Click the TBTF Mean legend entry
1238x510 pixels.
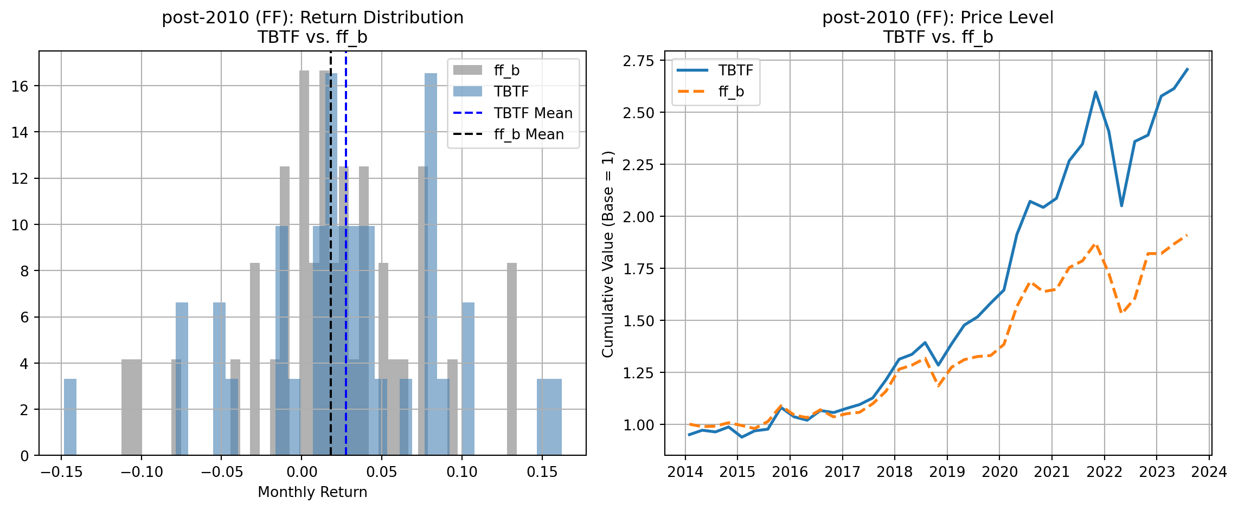(x=533, y=113)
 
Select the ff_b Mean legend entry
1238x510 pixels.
(x=528, y=134)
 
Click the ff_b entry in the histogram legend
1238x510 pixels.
(x=506, y=70)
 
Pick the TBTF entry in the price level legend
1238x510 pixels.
(x=735, y=70)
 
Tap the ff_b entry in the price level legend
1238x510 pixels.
(x=731, y=92)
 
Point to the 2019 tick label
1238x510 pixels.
(x=947, y=472)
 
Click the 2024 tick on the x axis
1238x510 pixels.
(x=1209, y=472)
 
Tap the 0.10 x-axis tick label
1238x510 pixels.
(x=462, y=472)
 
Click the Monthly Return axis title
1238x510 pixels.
(x=312, y=492)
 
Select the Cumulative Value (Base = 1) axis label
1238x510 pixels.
(x=608, y=254)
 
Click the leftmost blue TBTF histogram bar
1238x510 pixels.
(x=70, y=417)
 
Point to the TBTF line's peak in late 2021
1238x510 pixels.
(x=1095, y=92)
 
